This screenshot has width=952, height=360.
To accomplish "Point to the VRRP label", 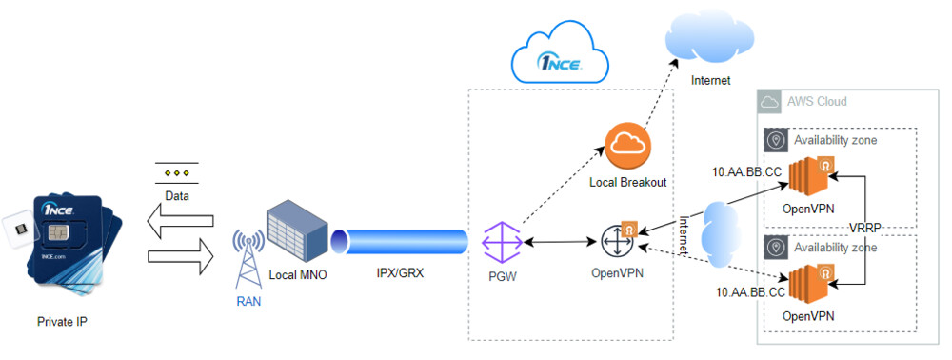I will click(x=868, y=227).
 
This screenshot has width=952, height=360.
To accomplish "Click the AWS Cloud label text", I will click(x=816, y=101).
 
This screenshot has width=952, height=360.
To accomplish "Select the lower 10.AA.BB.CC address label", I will click(x=749, y=292).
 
